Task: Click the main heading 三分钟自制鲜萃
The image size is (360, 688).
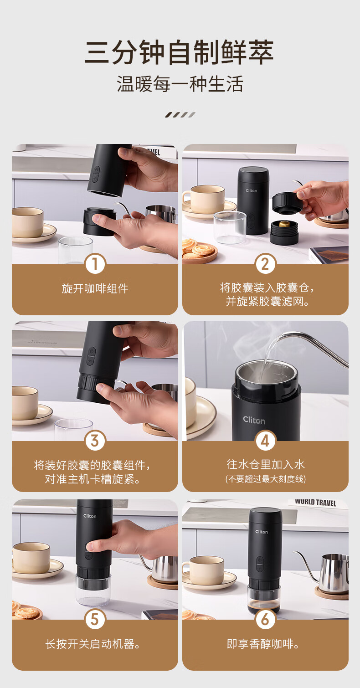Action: coord(180,52)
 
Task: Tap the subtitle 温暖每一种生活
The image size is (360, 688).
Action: coord(180,84)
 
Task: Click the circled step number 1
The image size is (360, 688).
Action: coord(95,264)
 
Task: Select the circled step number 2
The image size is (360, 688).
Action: coord(265,264)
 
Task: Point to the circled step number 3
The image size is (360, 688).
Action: coord(95,441)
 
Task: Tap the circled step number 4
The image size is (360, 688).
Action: coord(265,441)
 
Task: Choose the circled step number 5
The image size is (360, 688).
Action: coord(95,619)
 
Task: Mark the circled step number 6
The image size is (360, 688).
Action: coord(265,619)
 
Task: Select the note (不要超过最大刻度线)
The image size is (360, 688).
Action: coord(265,479)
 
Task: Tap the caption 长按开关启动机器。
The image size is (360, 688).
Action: coord(93,644)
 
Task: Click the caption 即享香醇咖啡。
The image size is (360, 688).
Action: coord(263,644)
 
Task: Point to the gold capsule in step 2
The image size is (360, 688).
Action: coord(284,223)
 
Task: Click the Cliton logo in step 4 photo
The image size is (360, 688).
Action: coord(254,420)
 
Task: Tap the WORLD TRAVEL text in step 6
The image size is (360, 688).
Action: coord(315,503)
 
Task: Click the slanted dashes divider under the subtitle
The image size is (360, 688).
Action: coord(180,115)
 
